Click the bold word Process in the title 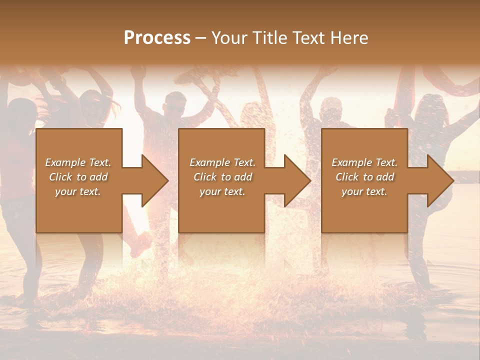(x=157, y=38)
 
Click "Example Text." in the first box (x=78, y=162)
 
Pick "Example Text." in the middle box (x=222, y=162)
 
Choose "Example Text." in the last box (x=364, y=162)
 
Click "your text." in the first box (x=78, y=191)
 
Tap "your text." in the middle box (x=222, y=191)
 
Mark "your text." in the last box (x=364, y=191)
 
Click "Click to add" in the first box (x=78, y=177)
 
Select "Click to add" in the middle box (x=222, y=177)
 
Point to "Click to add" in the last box (x=364, y=177)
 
